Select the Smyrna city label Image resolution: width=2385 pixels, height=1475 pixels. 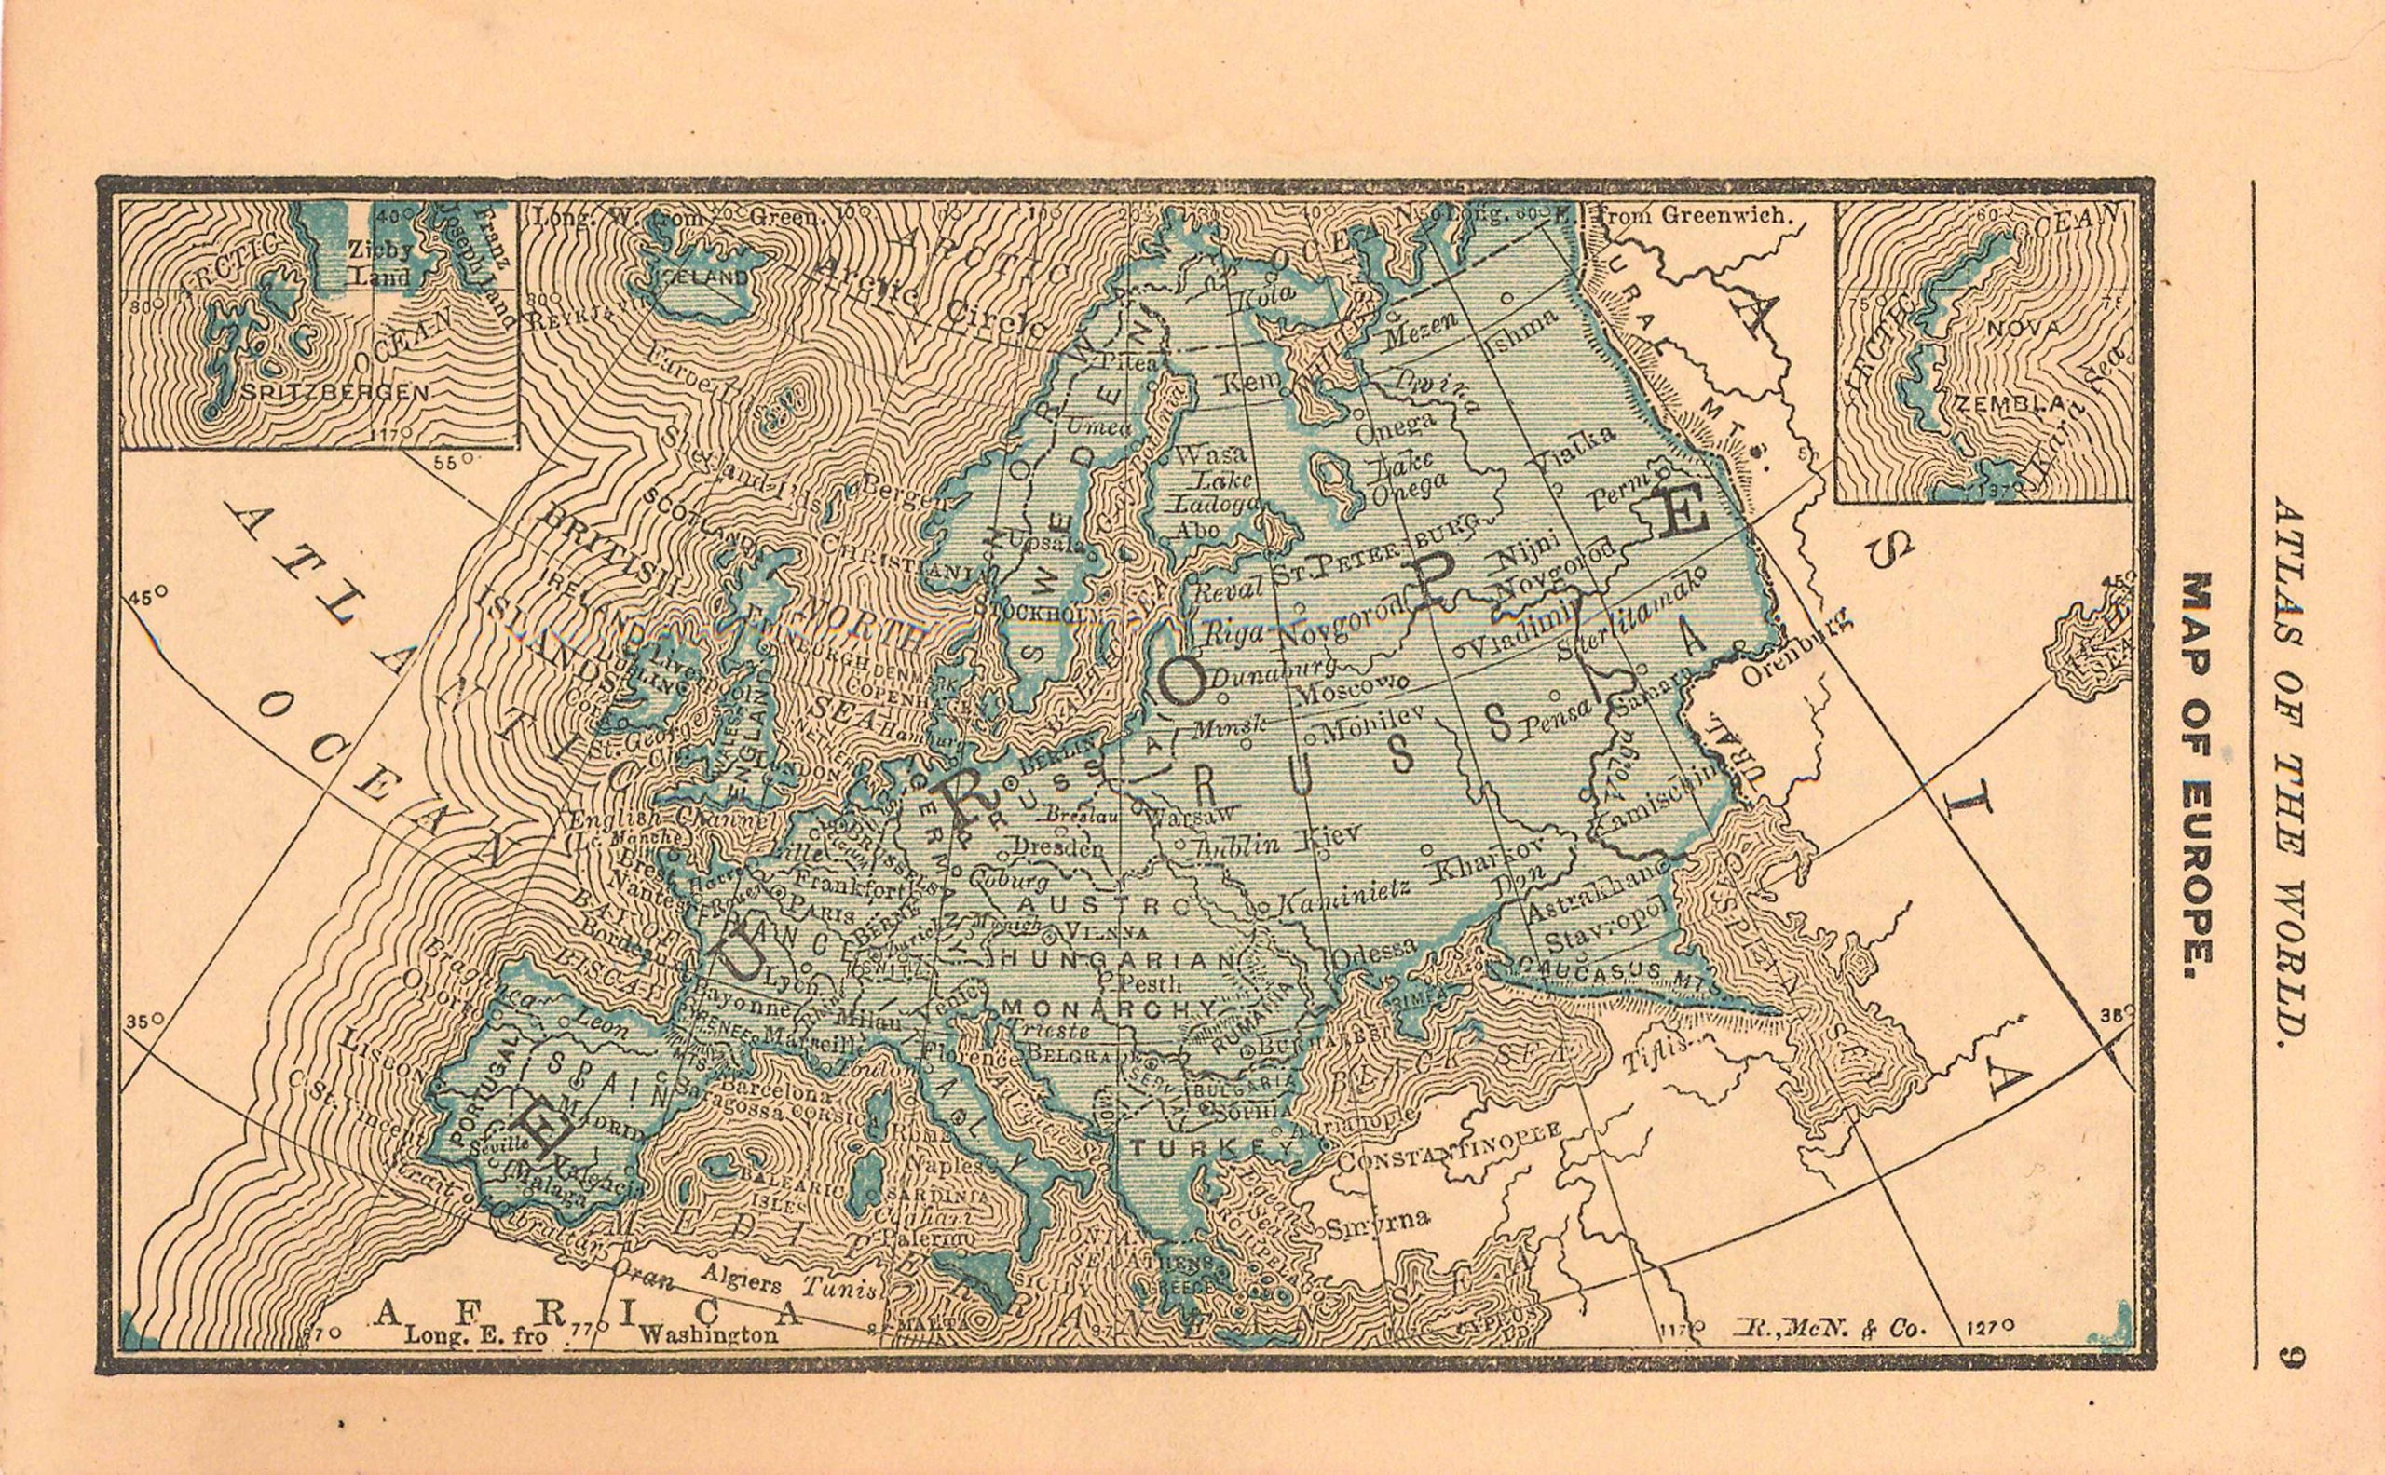tap(1380, 1220)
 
